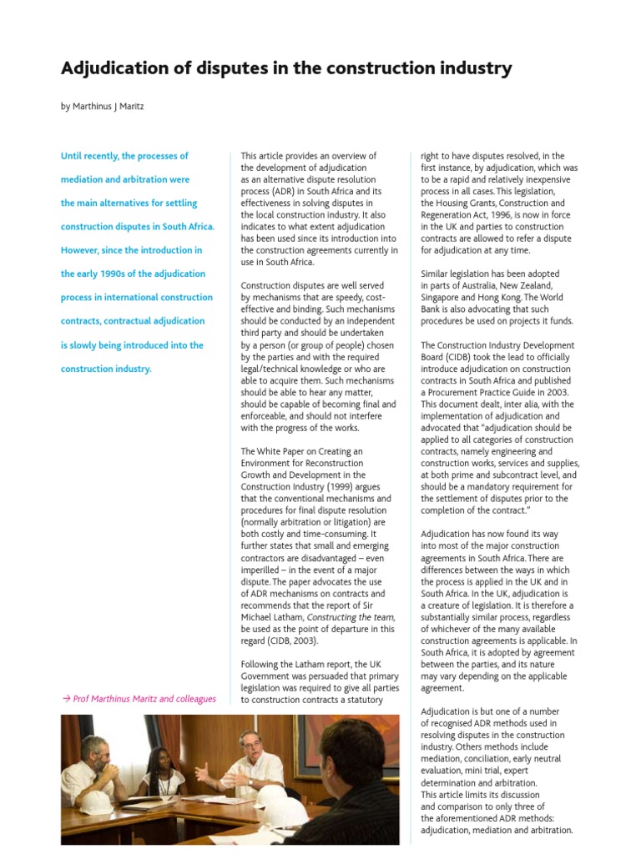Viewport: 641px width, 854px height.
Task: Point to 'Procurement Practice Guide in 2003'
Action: [498, 393]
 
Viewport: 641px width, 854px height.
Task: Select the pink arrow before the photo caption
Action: [66, 699]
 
